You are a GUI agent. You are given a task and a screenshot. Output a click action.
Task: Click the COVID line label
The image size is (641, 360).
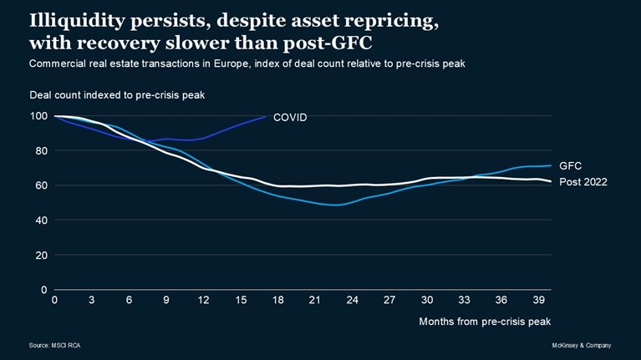[290, 118]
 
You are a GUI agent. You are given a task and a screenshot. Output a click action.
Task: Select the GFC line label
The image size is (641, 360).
[571, 165]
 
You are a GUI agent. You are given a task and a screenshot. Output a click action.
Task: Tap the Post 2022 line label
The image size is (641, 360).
[582, 182]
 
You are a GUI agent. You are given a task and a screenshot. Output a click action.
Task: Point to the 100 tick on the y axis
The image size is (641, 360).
[38, 116]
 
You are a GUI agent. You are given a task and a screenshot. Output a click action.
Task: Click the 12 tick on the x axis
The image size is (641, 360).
[204, 300]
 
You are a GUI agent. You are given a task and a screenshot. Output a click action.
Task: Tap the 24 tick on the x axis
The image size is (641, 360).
[353, 300]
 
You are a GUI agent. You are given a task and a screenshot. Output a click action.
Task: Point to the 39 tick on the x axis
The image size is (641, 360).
[539, 300]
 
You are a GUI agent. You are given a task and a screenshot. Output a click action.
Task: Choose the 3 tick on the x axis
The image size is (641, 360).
[92, 300]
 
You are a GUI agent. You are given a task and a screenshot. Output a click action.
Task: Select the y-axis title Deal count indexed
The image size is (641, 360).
[117, 95]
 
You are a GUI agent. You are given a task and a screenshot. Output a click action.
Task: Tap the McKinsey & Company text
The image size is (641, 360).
[582, 345]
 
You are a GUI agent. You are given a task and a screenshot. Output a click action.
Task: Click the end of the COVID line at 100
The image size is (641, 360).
[266, 116]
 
